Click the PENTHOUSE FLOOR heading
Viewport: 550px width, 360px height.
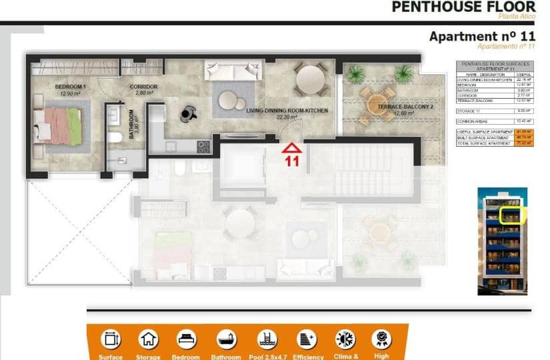click(x=463, y=7)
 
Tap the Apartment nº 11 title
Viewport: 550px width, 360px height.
click(x=481, y=36)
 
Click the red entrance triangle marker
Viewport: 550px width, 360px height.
click(x=291, y=147)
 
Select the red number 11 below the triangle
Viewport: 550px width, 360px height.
click(x=291, y=161)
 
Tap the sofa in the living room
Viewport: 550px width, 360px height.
click(x=233, y=70)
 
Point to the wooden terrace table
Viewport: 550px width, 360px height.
click(x=375, y=103)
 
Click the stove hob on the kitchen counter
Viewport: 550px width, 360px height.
click(x=203, y=147)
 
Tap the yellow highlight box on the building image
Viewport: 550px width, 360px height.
click(x=513, y=215)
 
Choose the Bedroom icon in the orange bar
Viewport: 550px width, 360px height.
click(x=187, y=339)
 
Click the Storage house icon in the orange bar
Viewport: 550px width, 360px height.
click(x=148, y=339)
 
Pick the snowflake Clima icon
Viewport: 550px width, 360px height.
click(x=345, y=339)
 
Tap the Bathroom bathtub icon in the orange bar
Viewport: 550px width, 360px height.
click(x=225, y=339)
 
